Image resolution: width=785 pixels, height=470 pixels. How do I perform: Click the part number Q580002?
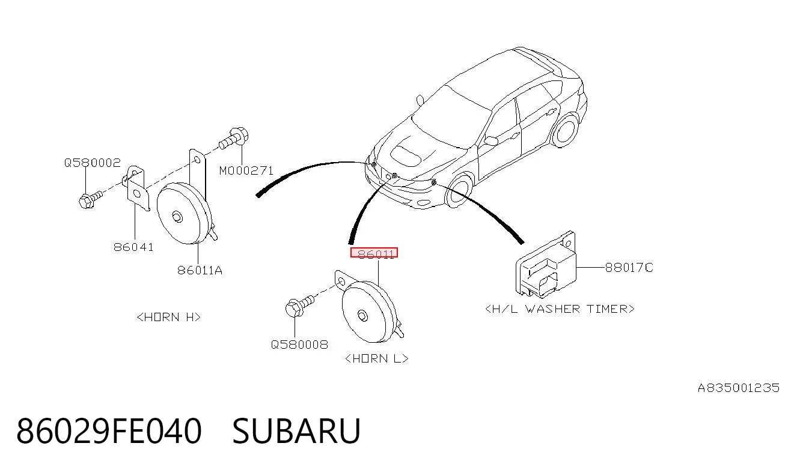pos(92,163)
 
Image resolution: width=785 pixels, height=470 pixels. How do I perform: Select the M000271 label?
pos(246,171)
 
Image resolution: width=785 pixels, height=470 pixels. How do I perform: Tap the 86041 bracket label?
pos(133,247)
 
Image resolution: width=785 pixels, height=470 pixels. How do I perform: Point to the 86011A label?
pos(200,270)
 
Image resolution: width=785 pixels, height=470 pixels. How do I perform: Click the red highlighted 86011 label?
pos(374,253)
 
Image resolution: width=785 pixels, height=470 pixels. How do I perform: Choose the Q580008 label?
pos(299,345)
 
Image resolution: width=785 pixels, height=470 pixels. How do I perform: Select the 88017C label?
pos(629,268)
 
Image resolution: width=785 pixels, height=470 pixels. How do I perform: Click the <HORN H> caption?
pos(168,317)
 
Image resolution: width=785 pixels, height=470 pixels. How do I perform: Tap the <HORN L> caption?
pos(377,358)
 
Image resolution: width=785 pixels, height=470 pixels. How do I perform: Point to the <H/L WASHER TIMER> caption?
pos(560,309)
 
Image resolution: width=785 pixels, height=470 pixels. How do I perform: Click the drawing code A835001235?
pos(739,388)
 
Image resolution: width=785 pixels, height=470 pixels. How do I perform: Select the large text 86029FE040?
pos(109,431)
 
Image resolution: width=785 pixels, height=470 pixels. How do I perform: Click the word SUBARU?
pos(296,431)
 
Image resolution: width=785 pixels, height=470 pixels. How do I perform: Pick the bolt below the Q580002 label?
pos(90,199)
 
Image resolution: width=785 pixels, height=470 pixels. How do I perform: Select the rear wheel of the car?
pos(565,130)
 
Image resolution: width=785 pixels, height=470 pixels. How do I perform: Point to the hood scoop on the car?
pos(406,155)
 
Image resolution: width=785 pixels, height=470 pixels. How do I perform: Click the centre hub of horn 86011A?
pos(177,217)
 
